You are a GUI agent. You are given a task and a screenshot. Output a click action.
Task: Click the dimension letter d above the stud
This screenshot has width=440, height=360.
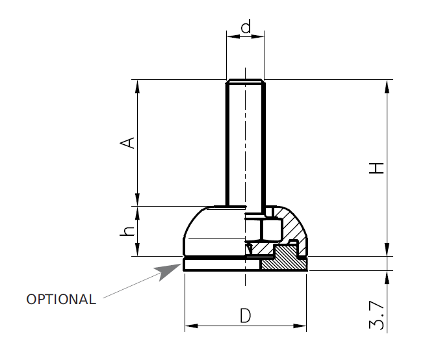245,27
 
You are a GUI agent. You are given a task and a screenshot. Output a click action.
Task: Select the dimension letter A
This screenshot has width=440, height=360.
129,142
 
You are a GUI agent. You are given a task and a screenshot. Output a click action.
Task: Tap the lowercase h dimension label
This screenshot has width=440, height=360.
129,231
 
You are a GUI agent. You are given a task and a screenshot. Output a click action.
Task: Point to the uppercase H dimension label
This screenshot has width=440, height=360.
377,168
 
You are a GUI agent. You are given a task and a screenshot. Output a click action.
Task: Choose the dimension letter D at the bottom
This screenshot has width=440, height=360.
245,316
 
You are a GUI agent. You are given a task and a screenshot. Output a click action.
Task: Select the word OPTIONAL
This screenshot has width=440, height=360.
61,300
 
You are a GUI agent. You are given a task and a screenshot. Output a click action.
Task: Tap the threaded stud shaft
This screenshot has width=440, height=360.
245,143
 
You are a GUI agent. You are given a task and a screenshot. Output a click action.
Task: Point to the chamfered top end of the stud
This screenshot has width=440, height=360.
245,82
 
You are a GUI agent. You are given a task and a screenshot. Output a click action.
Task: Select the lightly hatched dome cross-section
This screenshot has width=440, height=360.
292,227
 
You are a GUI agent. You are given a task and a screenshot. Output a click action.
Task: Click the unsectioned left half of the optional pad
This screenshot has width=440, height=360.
221,265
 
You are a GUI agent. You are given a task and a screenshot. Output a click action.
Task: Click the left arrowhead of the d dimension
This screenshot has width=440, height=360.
230,36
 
